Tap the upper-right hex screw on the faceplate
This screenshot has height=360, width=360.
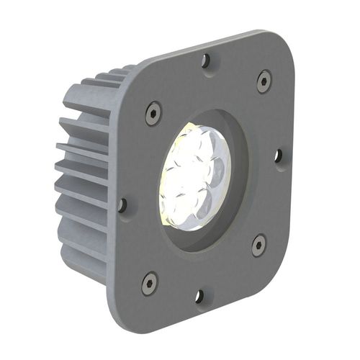[x=264, y=81]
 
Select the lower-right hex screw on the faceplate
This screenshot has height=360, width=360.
[x=258, y=246]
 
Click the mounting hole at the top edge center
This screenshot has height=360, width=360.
[x=207, y=62]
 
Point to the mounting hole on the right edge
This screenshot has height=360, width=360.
[x=278, y=156]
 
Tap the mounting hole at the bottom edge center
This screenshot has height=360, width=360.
[x=199, y=295]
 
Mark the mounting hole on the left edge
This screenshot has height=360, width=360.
[x=122, y=205]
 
